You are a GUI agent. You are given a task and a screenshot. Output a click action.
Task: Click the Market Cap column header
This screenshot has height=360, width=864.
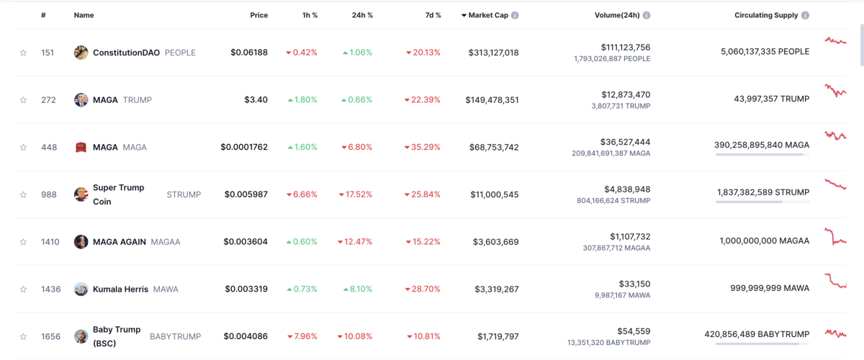(490, 15)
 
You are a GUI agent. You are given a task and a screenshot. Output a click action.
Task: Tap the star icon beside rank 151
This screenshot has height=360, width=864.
(23, 53)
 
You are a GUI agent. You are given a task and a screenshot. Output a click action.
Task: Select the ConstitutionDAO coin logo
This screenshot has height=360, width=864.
(81, 53)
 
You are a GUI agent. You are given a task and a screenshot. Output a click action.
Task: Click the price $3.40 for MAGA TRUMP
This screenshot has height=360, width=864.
(256, 100)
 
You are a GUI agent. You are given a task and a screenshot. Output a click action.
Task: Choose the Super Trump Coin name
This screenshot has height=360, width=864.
(118, 194)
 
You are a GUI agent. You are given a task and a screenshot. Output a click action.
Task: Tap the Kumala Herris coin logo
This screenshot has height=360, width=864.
(81, 289)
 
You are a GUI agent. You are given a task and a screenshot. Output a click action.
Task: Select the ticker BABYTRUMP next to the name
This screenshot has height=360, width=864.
(175, 336)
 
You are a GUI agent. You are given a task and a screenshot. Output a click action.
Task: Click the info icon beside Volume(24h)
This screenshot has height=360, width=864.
(647, 15)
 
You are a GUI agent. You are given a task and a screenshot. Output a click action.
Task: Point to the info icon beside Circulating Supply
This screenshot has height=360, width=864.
(805, 15)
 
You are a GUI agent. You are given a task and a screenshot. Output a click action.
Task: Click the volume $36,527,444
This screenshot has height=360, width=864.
(625, 142)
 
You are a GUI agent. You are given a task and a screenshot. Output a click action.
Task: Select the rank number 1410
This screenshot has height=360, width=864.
(50, 242)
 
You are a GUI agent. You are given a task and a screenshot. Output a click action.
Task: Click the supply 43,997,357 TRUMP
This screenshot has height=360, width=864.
(765, 100)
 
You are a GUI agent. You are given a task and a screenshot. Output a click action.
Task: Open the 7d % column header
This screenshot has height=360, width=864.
(429, 15)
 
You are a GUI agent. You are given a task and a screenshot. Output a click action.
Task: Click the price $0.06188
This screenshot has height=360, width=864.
(249, 53)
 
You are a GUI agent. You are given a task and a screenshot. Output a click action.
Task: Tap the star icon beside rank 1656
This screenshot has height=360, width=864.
(23, 336)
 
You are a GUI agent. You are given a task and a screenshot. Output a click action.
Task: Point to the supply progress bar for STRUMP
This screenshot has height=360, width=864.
(762, 202)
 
